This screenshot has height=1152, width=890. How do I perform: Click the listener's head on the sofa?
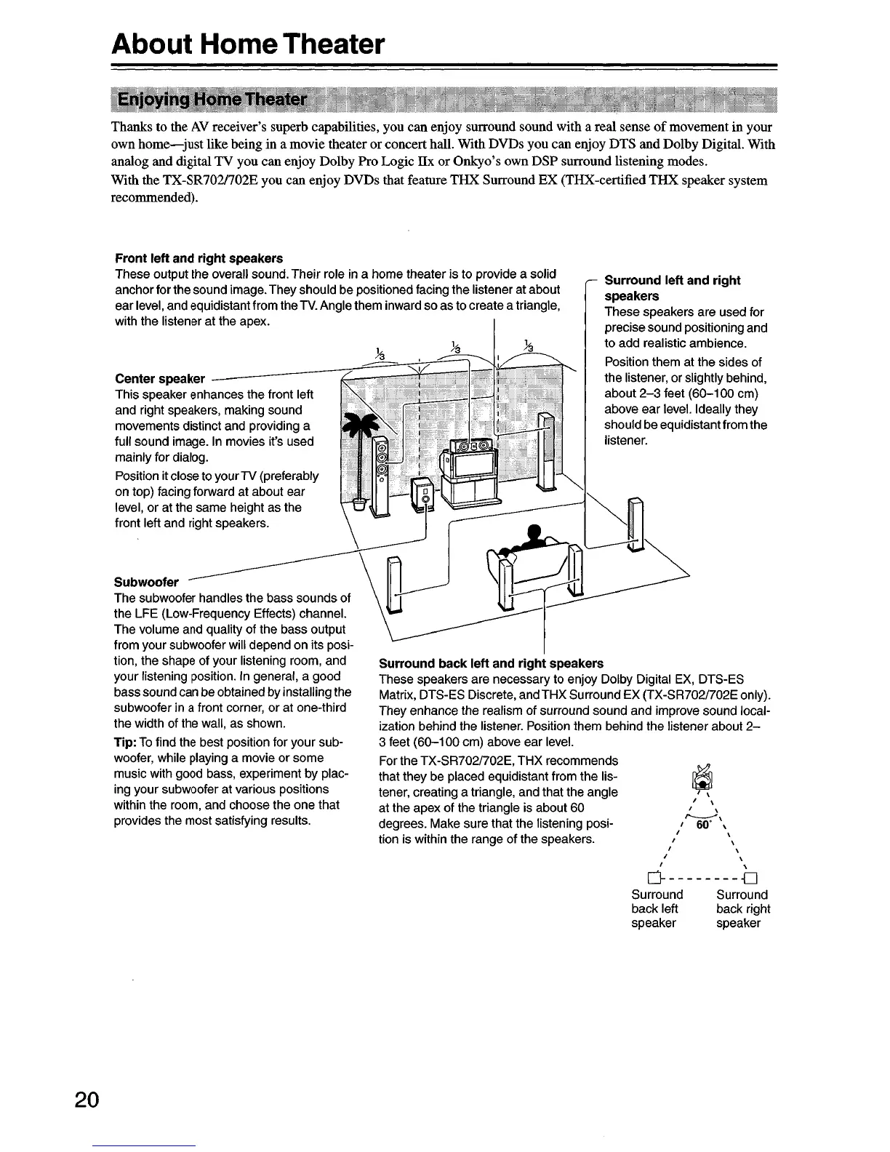[x=535, y=532]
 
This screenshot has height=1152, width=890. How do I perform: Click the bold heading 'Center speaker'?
[x=160, y=379]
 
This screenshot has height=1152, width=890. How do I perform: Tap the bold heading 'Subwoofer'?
[x=146, y=583]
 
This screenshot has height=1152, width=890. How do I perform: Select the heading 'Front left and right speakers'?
[x=199, y=258]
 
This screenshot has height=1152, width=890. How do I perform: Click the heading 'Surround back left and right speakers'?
[x=491, y=663]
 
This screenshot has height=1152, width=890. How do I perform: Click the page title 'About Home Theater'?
[x=247, y=44]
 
